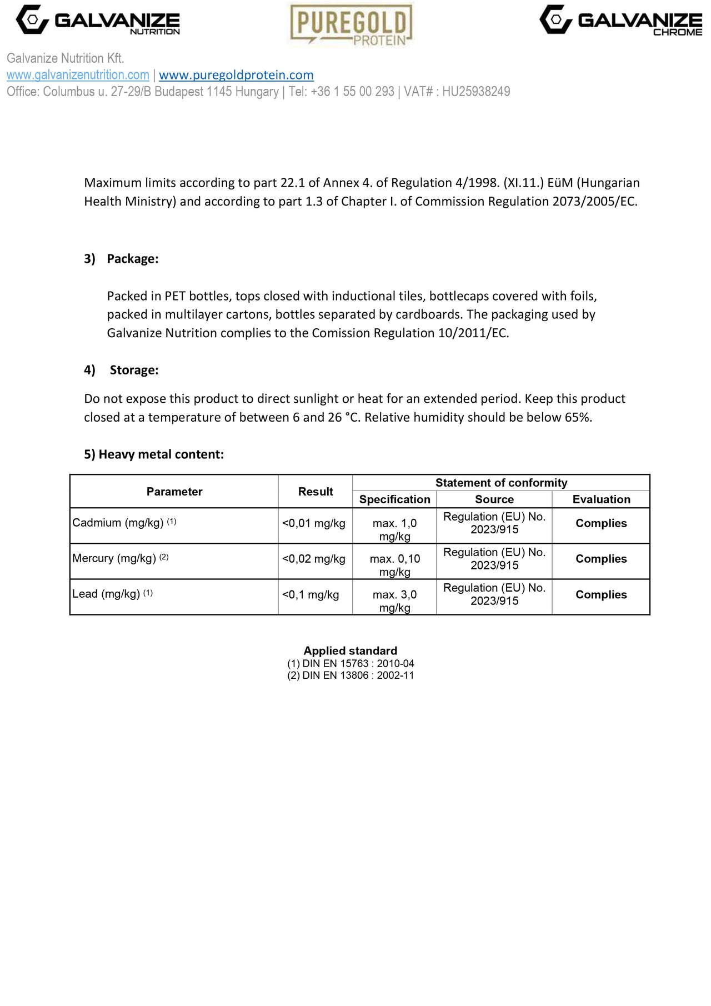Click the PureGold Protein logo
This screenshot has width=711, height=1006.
(351, 25)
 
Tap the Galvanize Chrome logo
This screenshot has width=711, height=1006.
(620, 21)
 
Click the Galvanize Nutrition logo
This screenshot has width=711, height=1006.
(98, 21)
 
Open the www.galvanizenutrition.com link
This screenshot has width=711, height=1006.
(78, 75)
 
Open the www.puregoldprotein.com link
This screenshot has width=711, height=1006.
(236, 75)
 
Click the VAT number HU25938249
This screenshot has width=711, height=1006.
(476, 92)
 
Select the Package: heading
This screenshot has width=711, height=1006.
(132, 259)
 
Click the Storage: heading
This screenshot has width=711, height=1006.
(134, 370)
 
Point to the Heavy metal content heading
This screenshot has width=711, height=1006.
(154, 454)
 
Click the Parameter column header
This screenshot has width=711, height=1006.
(174, 492)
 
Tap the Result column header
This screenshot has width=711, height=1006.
(316, 492)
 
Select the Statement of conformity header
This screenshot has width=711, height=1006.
(501, 483)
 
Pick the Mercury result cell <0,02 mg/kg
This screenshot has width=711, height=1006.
(314, 559)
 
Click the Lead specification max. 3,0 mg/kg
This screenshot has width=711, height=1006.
(394, 601)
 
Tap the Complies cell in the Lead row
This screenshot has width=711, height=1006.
(601, 595)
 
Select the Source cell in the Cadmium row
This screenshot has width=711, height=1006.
(494, 523)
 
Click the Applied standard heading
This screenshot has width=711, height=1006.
(350, 651)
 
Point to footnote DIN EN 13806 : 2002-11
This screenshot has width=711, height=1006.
(351, 675)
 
